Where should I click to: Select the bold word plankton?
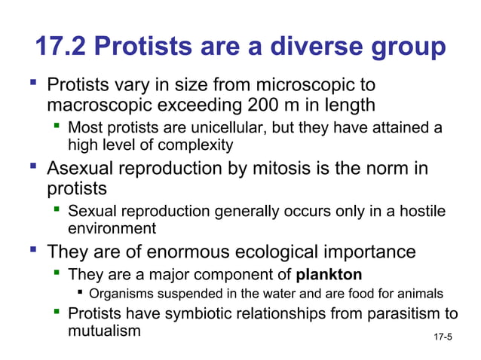coord(329,273)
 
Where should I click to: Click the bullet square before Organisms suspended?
coord(81,293)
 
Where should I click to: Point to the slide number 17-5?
coord(443,336)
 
